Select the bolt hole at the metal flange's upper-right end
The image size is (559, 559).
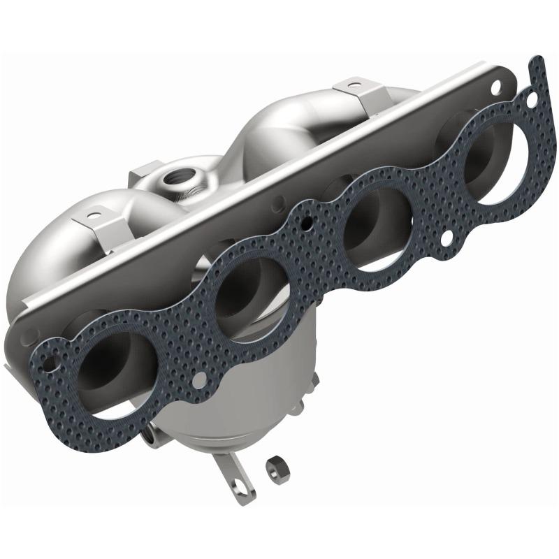coord(497,88)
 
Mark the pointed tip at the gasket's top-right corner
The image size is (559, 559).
coord(536,61)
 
